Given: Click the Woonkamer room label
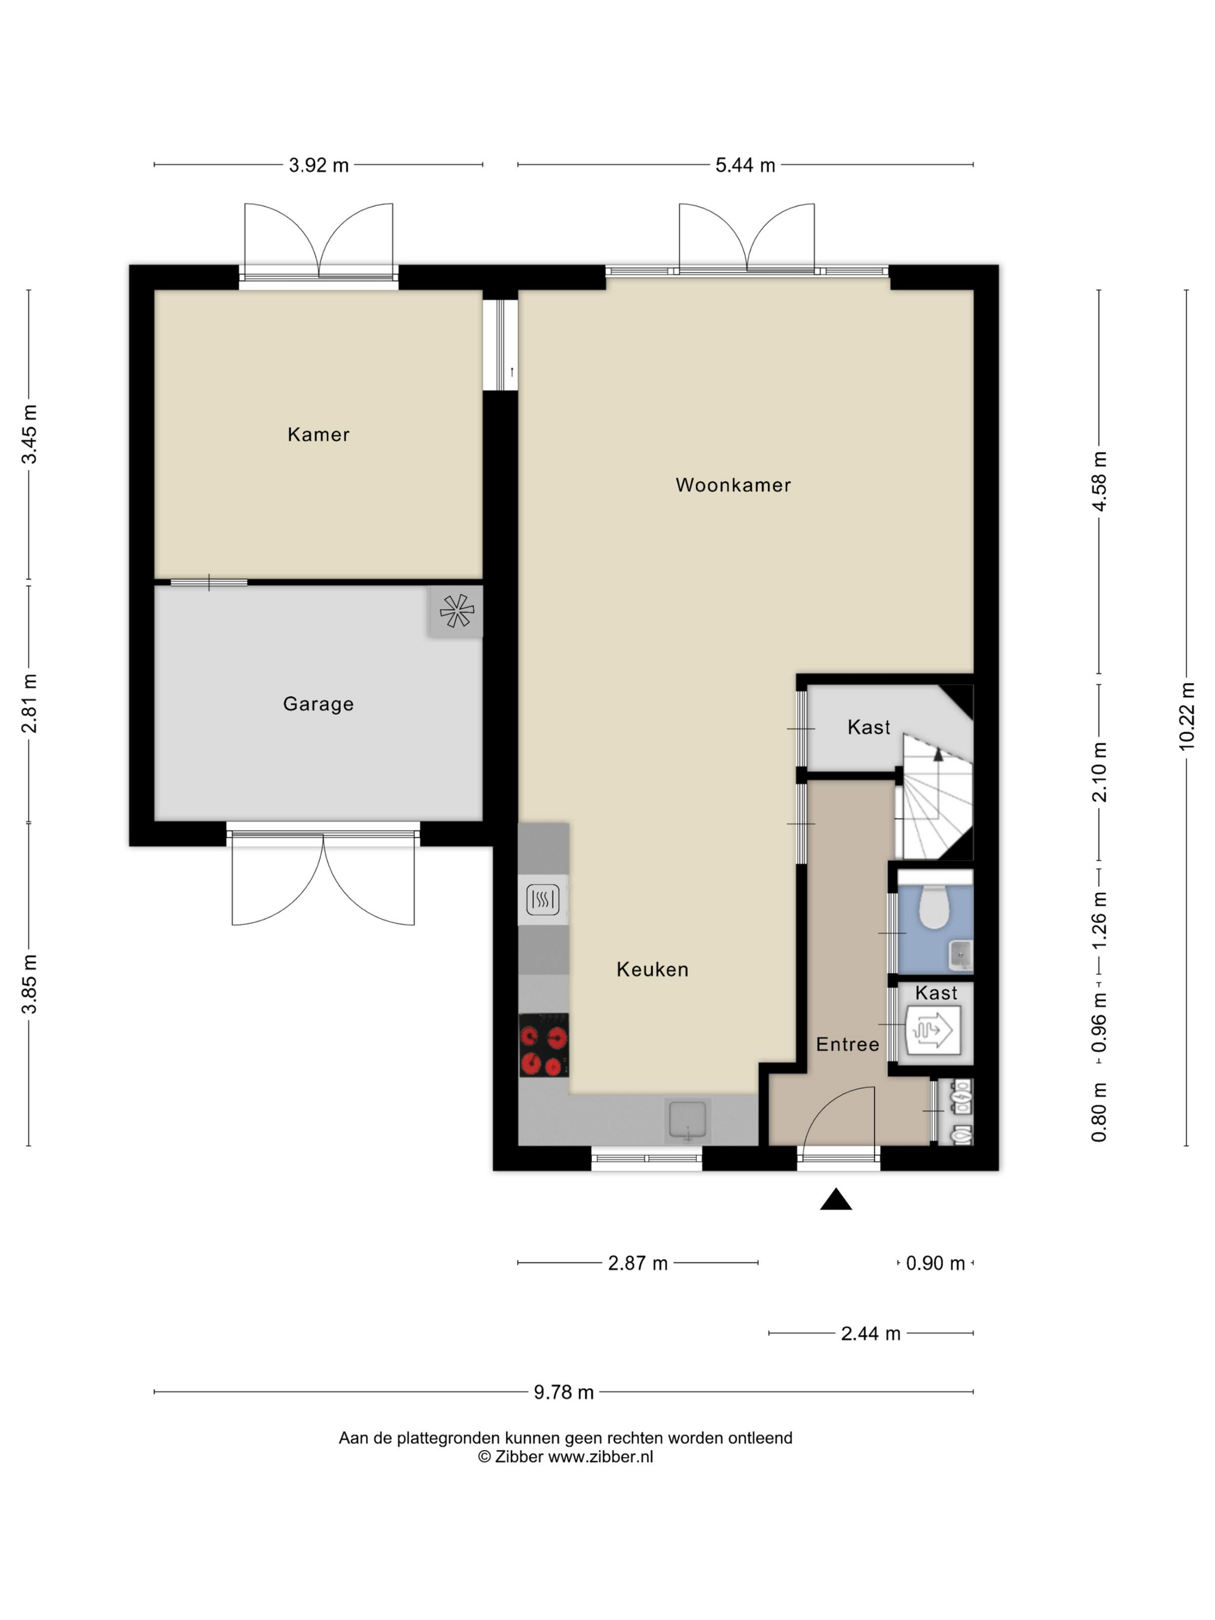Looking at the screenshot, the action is [732, 485].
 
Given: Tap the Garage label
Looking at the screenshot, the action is [319, 704].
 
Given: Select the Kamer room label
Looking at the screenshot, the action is [319, 435].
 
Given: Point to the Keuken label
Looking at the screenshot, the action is [653, 969].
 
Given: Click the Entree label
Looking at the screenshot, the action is [848, 1044].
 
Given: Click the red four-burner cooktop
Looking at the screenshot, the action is [543, 1044].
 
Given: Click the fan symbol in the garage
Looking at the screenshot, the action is [456, 610].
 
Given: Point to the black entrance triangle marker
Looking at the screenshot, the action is [835, 1199].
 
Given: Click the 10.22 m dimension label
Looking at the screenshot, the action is [1187, 716].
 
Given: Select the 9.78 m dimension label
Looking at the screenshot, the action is [563, 1392].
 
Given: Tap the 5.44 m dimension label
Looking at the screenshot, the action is [745, 165].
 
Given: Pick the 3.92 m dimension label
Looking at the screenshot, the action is [319, 165].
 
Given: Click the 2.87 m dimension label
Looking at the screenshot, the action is [638, 1264].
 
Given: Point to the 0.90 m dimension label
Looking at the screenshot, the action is [935, 1264].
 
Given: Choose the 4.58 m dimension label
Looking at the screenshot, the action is [1099, 481].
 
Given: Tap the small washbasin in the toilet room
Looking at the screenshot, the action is [960, 953].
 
